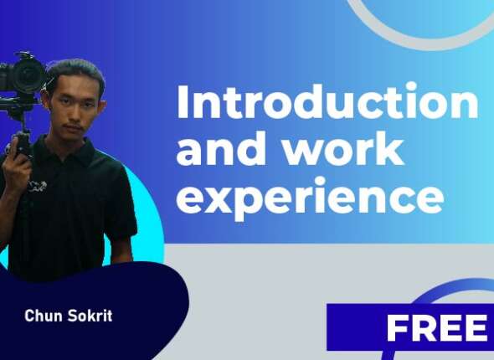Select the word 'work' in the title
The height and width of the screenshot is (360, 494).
tap(335, 151)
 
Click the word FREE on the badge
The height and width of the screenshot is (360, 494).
tap(435, 329)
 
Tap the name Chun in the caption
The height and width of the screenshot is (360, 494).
tap(42, 316)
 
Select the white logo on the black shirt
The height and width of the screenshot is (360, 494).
tap(38, 185)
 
